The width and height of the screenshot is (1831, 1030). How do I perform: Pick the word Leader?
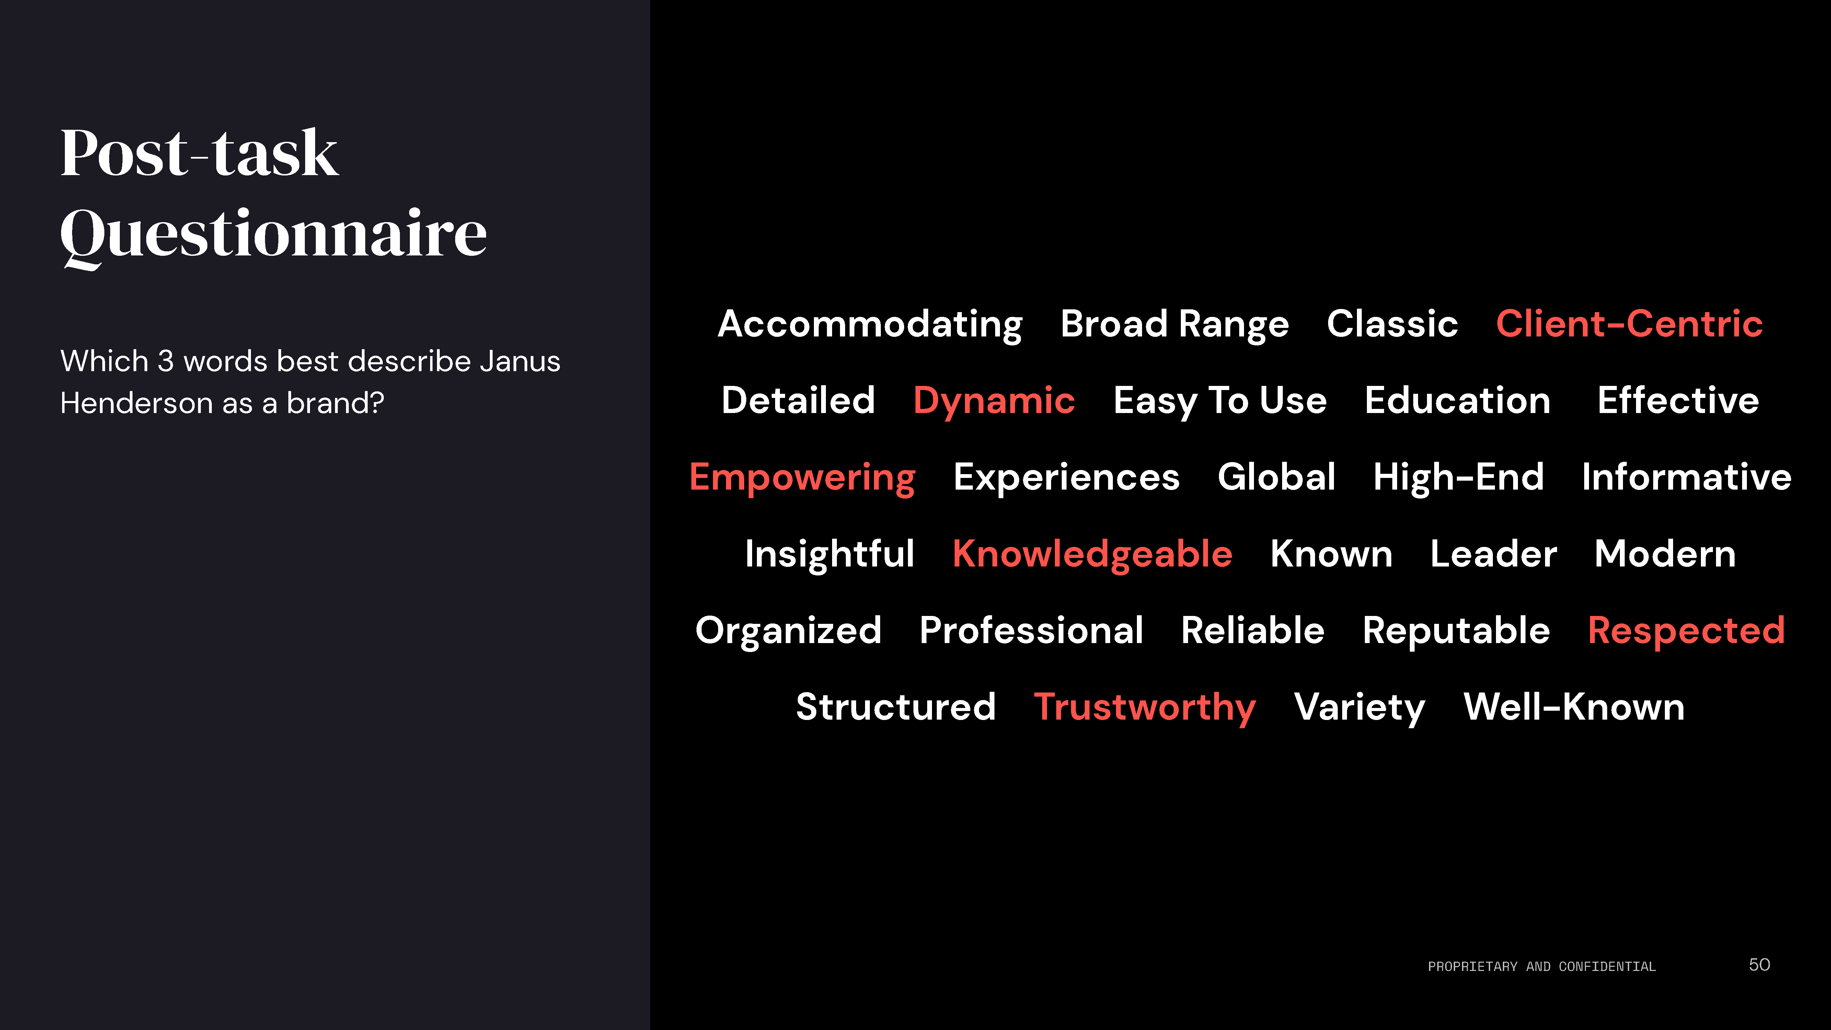(1493, 554)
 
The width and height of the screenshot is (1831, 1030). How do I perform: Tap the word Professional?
(1032, 630)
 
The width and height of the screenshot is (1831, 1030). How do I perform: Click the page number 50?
(1759, 965)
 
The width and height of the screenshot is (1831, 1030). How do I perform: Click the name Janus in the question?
(520, 361)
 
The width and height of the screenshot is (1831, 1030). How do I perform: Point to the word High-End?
(1459, 478)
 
